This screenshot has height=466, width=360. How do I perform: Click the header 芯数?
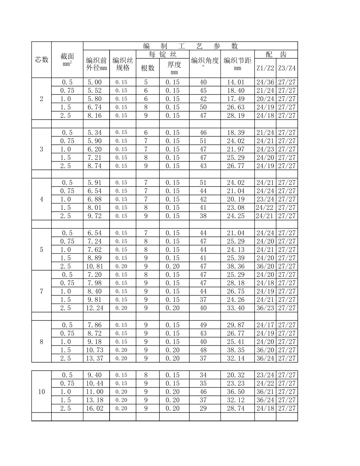tap(42, 59)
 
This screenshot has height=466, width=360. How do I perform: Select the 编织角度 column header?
tap(205, 61)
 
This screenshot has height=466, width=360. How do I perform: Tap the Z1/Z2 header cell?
tap(265, 68)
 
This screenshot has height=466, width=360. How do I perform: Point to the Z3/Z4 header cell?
tap(287, 68)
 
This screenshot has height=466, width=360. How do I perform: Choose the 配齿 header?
tap(276, 54)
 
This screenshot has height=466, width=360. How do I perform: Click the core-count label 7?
tap(42, 291)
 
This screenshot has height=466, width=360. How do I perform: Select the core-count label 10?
tap(42, 392)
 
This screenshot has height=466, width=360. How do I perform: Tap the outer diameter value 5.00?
tap(95, 82)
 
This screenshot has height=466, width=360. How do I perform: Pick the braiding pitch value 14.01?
tap(236, 82)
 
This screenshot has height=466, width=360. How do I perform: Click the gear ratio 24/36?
tap(265, 82)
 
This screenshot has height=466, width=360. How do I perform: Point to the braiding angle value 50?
tap(203, 107)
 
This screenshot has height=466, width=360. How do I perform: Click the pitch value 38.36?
tap(236, 266)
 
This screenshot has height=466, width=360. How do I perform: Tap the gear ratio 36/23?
tap(265, 308)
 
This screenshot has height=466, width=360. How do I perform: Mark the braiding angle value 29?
tap(203, 408)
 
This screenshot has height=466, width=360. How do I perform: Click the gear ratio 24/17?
tap(265, 325)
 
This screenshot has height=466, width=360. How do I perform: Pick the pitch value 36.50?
tap(236, 392)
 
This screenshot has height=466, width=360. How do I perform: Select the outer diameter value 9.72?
tap(95, 216)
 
